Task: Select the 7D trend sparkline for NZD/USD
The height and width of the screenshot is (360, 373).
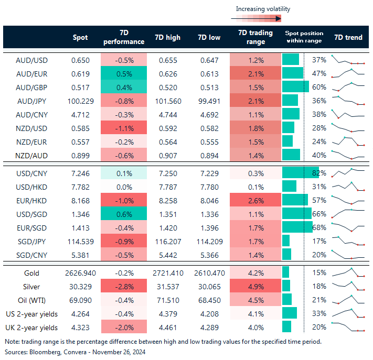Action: click(x=348, y=128)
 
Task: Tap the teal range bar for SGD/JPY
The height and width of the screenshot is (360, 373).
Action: click(x=286, y=241)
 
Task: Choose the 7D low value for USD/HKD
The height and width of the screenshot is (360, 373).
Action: click(x=209, y=187)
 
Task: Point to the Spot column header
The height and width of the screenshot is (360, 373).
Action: click(x=80, y=37)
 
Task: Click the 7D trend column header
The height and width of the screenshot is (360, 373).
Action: click(x=348, y=37)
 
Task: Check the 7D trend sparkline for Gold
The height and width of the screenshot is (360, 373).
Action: click(x=348, y=273)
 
